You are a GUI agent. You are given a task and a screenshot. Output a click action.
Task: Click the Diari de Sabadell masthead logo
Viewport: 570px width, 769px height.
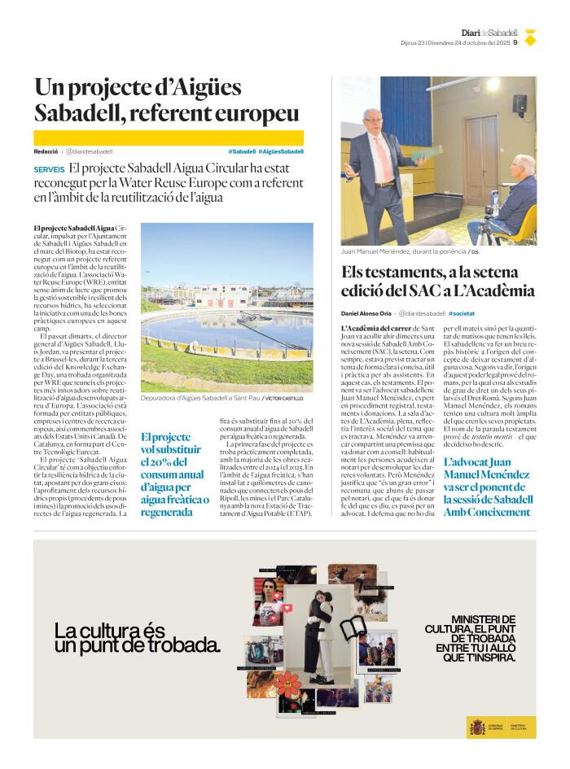[x=489, y=33]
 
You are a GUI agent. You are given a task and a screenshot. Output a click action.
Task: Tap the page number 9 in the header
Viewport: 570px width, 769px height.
[x=515, y=44]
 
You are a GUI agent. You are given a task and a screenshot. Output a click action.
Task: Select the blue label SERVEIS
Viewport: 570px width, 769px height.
[x=50, y=168]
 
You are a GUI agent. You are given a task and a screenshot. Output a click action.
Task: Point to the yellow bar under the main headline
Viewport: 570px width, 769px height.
[x=169, y=138]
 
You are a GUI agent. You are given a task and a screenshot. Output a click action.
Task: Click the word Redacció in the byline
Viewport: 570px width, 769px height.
[x=46, y=151]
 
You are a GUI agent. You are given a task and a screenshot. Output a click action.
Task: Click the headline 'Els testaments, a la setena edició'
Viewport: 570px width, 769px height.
[x=437, y=282]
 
